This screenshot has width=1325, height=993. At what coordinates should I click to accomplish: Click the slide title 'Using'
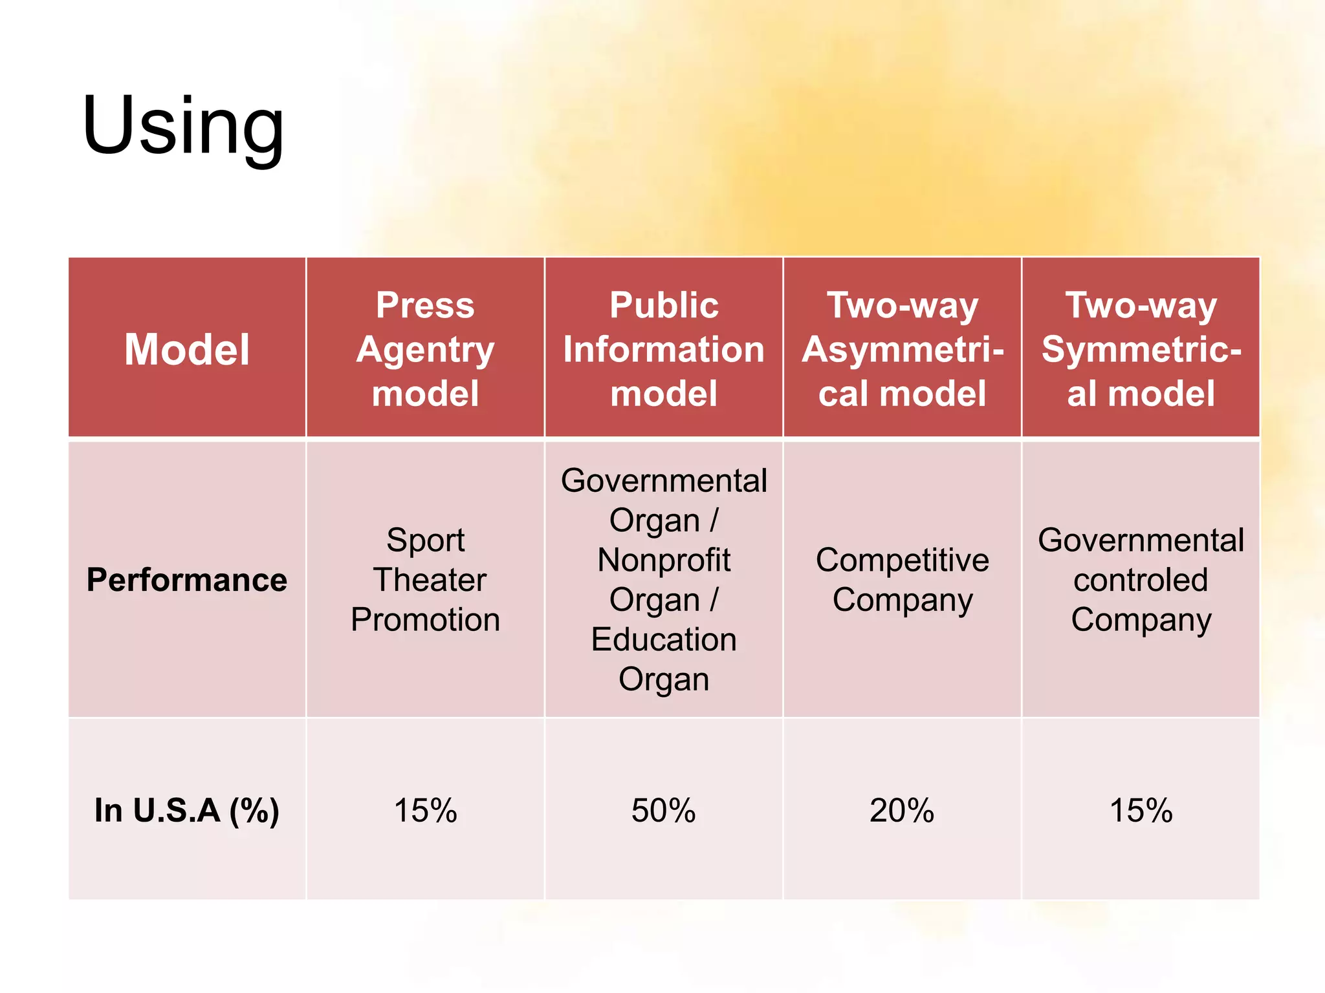click(183, 126)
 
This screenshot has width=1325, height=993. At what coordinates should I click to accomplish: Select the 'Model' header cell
click(187, 349)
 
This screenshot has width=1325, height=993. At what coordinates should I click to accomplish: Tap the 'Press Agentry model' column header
click(425, 349)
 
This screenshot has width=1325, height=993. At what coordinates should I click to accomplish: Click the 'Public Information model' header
click(664, 349)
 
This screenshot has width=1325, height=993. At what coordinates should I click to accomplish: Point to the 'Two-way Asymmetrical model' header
click(903, 349)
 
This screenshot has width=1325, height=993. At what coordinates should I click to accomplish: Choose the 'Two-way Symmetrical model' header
click(1141, 349)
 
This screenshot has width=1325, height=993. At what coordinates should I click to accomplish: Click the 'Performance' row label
click(187, 580)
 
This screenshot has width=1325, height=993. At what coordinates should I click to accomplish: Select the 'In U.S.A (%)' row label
click(187, 810)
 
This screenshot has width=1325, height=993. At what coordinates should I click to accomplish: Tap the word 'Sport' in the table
click(425, 540)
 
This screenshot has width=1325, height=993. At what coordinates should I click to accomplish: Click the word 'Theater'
click(429, 580)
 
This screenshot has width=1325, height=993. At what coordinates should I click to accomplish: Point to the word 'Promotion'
click(425, 619)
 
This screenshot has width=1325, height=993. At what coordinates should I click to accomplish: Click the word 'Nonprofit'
click(664, 560)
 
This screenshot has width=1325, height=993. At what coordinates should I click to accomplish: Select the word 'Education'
click(664, 639)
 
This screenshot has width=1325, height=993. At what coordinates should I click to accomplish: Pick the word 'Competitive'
click(903, 560)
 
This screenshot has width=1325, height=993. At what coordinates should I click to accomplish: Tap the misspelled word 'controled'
click(1141, 580)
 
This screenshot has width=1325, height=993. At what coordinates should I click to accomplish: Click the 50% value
click(664, 810)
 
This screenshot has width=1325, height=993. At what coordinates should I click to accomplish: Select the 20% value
click(902, 810)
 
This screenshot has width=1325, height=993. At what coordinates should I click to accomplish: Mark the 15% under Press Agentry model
click(425, 810)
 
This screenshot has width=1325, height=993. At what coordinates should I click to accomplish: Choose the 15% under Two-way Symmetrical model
click(1141, 810)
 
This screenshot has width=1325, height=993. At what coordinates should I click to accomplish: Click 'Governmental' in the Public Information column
click(664, 480)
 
